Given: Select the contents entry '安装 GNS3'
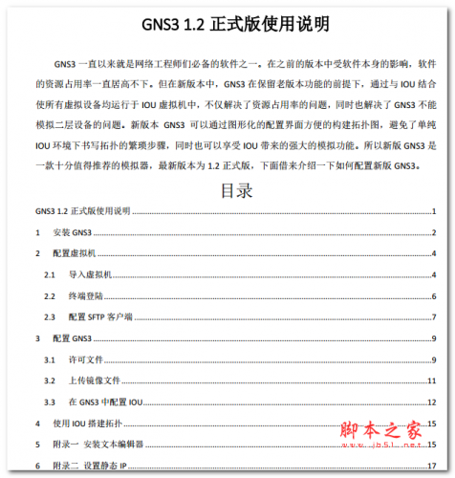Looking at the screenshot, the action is click(x=72, y=232).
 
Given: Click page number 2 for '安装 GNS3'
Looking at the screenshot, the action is click(x=434, y=232).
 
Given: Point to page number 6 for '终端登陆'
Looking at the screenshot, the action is click(x=434, y=295).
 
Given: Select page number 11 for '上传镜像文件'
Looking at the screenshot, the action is click(x=432, y=380).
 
